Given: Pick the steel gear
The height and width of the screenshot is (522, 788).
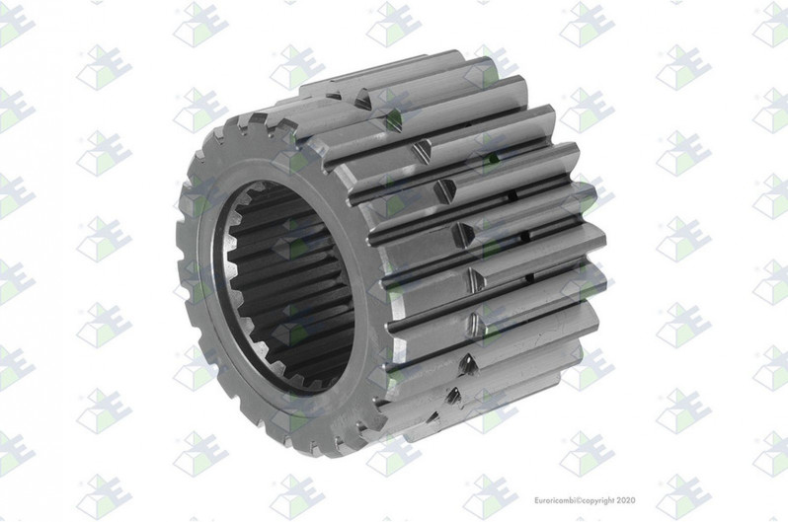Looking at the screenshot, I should pos(395,257).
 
